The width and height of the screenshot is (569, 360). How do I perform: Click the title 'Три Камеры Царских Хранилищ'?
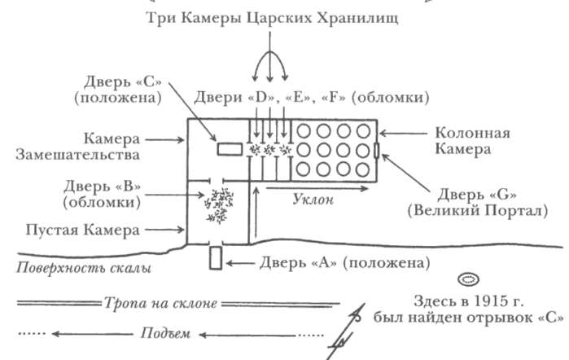click(272, 17)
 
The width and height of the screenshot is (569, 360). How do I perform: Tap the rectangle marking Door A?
click(216, 258)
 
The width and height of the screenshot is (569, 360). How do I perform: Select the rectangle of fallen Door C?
click(230, 149)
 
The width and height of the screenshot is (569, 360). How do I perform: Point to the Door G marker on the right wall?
click(377, 150)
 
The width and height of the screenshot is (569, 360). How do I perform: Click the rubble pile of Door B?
click(219, 205)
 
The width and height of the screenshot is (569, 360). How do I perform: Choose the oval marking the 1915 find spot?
click(468, 279)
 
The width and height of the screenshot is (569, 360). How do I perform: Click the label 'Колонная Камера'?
click(472, 141)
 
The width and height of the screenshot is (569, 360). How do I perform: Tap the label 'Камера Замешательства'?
click(77, 147)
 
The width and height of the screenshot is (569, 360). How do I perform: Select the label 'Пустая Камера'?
click(83, 230)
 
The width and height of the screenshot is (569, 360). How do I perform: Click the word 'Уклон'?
click(313, 200)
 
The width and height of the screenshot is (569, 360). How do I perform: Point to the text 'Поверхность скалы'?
click(84, 268)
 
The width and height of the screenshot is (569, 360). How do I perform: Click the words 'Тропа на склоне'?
click(160, 303)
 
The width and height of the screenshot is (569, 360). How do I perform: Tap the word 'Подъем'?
click(165, 333)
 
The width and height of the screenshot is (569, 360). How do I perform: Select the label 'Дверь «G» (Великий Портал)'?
click(478, 203)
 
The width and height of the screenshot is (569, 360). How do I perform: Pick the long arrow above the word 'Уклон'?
click(317, 188)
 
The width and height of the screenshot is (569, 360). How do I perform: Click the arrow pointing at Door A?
click(240, 262)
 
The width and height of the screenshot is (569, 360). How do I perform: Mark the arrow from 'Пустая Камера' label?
click(164, 230)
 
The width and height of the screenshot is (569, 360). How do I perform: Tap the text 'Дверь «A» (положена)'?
click(345, 262)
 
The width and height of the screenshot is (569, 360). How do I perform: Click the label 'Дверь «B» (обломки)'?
click(102, 194)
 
